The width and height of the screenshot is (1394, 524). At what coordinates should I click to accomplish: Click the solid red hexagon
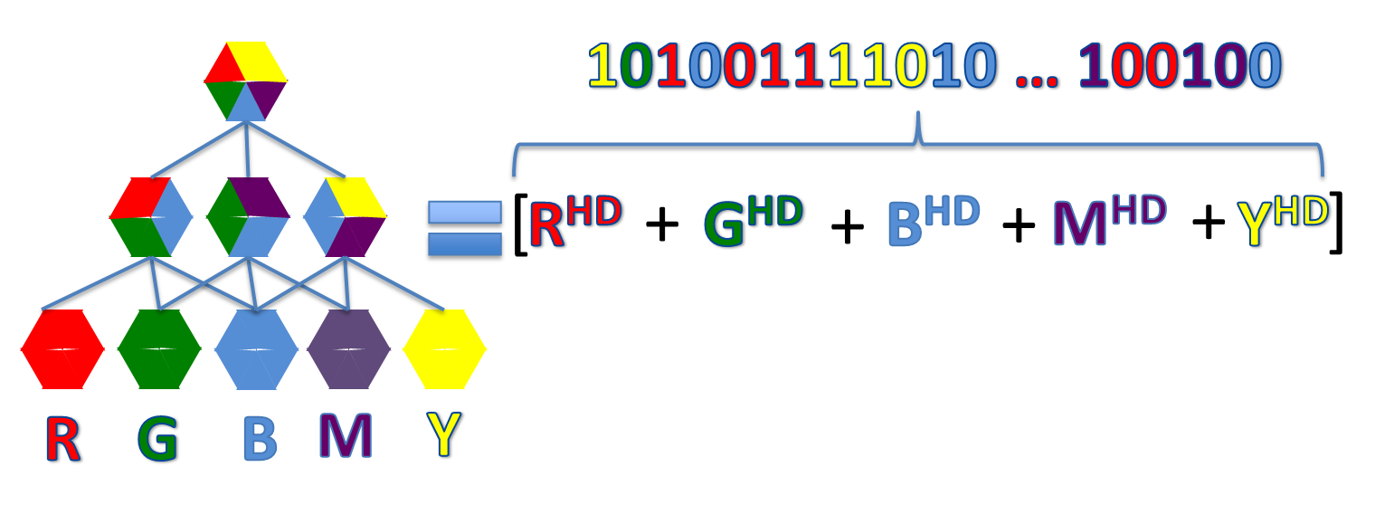point(62,349)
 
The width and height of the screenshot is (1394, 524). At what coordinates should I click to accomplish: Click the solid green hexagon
point(159,349)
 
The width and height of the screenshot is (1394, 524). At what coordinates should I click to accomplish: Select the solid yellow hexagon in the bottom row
point(444,349)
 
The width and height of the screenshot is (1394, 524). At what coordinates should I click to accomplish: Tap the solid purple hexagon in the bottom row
point(348,349)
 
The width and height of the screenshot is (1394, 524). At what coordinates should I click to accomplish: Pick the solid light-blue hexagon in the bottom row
point(256,349)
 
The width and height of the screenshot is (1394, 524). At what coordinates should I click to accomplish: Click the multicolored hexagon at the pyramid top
point(245,81)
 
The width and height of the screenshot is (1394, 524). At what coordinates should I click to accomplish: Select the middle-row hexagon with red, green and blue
point(151,216)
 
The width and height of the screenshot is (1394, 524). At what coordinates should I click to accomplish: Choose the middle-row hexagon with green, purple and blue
point(248,216)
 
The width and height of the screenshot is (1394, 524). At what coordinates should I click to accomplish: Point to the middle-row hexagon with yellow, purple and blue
point(345,216)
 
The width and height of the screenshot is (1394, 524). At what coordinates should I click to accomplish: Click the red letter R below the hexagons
point(63,439)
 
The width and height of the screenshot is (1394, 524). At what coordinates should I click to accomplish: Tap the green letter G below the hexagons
point(158,439)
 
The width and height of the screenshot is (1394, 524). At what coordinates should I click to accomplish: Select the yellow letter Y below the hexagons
point(445,435)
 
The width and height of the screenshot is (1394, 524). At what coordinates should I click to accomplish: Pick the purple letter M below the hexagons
point(346,435)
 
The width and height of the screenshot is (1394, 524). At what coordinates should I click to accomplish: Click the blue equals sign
point(464,231)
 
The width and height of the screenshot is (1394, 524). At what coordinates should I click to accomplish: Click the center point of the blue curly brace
point(919,136)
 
